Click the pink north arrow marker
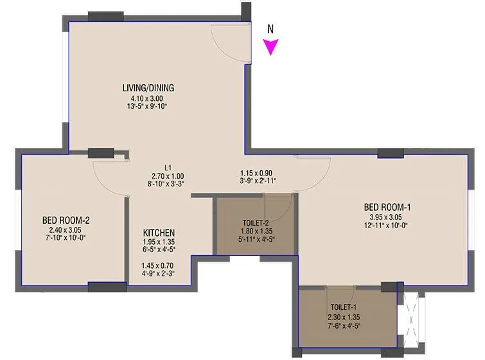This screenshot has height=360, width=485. coord(272,47)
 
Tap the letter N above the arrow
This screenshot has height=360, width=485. coord(271,29)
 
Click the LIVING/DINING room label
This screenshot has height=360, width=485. coord(149,88)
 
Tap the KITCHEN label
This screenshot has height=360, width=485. coord(159,233)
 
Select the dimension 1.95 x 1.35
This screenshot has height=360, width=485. coord(158,243)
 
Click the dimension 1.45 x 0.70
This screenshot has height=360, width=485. coord(158,265)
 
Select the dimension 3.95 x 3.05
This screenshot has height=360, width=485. coord(387,217)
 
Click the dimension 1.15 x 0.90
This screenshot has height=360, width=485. coord(256,173)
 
